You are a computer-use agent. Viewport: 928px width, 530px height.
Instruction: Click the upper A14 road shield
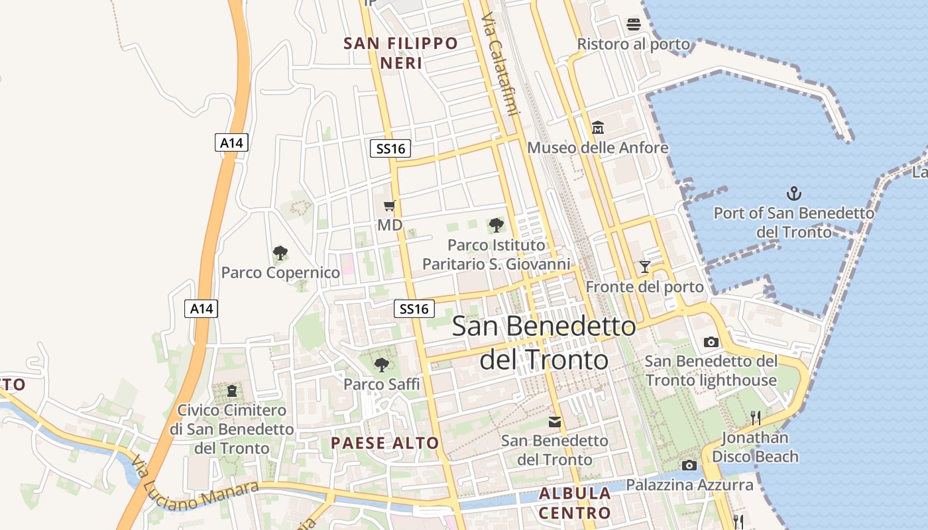pyautogui.click(x=231, y=142)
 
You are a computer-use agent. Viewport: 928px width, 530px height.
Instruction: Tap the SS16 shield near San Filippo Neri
pyautogui.click(x=390, y=148)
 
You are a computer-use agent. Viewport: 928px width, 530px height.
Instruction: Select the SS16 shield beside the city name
pyautogui.click(x=415, y=308)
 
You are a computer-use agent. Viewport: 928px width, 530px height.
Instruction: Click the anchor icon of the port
pyautogui.click(x=793, y=193)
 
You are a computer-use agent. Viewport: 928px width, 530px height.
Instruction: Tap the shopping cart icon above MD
pyautogui.click(x=390, y=205)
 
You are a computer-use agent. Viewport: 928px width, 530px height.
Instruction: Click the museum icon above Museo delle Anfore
pyautogui.click(x=597, y=127)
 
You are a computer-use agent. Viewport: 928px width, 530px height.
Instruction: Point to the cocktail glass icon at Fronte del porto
pyautogui.click(x=644, y=267)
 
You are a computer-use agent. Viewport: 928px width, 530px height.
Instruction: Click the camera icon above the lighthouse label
pyautogui.click(x=711, y=342)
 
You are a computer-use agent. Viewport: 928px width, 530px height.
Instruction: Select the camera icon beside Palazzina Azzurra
pyautogui.click(x=689, y=465)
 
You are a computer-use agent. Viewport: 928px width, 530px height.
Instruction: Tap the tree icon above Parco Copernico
pyautogui.click(x=280, y=252)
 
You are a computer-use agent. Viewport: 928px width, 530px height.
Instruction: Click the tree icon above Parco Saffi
pyautogui.click(x=381, y=364)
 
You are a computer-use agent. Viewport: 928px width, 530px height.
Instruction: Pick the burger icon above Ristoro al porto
pyautogui.click(x=633, y=25)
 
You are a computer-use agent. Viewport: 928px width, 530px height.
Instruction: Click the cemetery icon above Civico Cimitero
pyautogui.click(x=231, y=391)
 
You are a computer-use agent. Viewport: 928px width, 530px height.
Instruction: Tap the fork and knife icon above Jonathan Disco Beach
pyautogui.click(x=754, y=417)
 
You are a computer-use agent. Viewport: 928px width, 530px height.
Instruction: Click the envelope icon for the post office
pyautogui.click(x=555, y=421)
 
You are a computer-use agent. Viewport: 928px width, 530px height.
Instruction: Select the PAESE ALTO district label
pyautogui.click(x=384, y=443)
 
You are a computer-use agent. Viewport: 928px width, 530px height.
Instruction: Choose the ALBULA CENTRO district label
pyautogui.click(x=575, y=503)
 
